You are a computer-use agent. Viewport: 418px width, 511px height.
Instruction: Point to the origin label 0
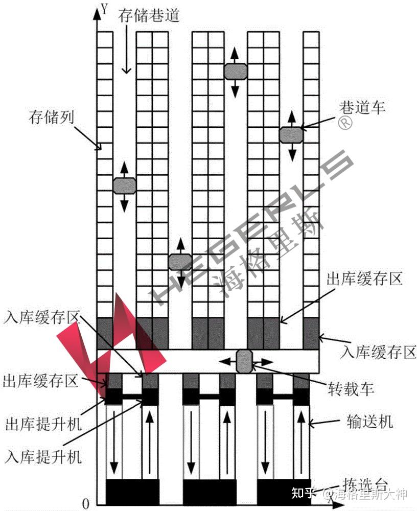coord(86,503)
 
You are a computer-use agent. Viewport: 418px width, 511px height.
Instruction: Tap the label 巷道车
coord(362,107)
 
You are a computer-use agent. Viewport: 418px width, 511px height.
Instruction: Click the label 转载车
coord(351,389)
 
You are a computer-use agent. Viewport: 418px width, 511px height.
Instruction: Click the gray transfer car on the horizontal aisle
coord(244,361)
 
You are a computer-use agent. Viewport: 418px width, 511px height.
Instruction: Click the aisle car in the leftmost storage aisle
coord(124,185)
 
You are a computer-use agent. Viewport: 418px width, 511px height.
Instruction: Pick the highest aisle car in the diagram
coord(236,71)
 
